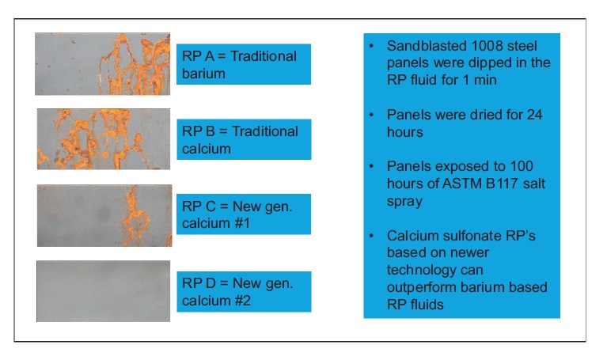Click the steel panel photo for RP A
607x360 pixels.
pyautogui.click(x=102, y=64)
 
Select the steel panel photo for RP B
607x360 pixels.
pyautogui.click(x=104, y=139)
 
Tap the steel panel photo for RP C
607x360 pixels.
pyautogui.click(x=104, y=216)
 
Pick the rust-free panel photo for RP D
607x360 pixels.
pyautogui.click(x=104, y=291)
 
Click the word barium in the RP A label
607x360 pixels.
pyautogui.click(x=203, y=74)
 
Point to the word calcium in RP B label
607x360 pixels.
pyautogui.click(x=207, y=149)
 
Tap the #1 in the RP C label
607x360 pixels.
pyautogui.click(x=242, y=223)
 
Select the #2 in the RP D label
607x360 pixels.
pyautogui.click(x=243, y=301)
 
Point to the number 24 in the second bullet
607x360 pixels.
pyautogui.click(x=534, y=115)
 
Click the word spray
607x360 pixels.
pyautogui.click(x=404, y=202)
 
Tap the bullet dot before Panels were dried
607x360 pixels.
pyautogui.click(x=372, y=115)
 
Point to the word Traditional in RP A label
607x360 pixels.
pyautogui.click(x=264, y=56)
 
